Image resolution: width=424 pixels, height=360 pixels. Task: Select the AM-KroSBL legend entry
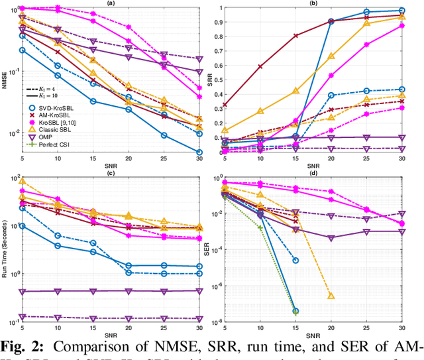click(53, 113)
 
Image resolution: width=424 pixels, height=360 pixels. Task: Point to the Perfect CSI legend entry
click(50, 146)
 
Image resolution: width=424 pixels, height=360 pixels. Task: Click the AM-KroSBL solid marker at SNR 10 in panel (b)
click(260, 66)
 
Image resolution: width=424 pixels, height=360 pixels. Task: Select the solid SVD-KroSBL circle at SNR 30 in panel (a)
click(199, 152)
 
